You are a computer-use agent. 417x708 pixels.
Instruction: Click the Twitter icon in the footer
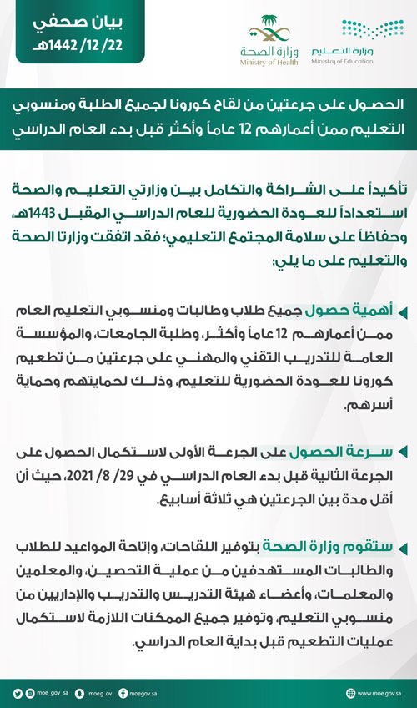point(18,692)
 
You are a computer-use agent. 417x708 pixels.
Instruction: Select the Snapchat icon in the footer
point(78,692)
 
